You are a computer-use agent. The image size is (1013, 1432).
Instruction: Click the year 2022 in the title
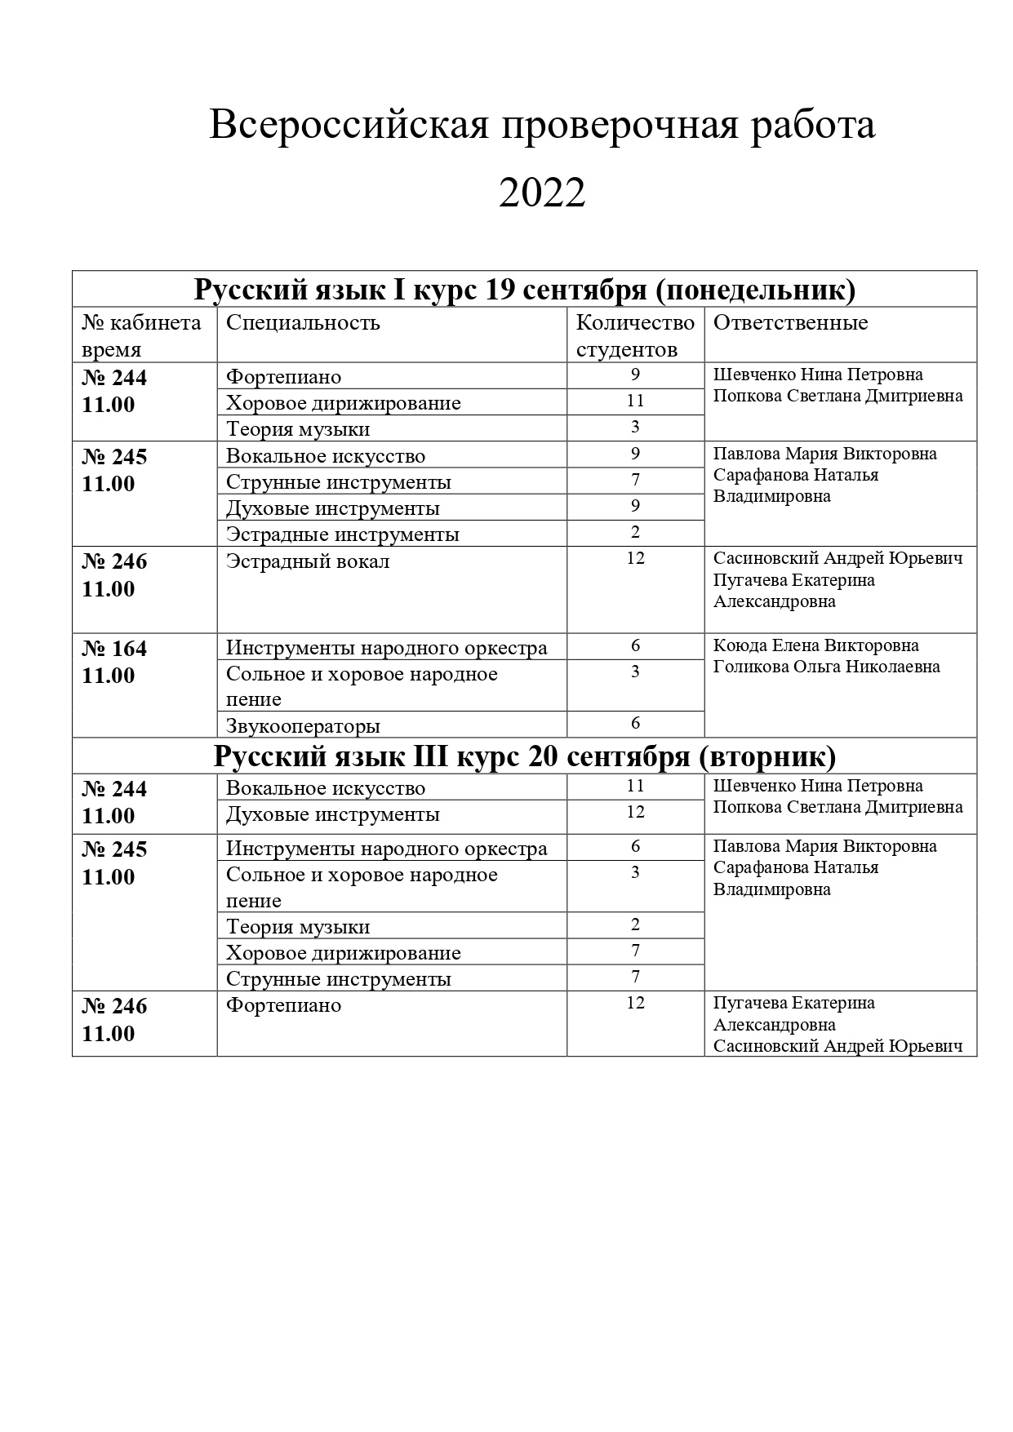(542, 193)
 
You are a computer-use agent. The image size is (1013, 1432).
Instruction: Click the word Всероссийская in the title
(349, 126)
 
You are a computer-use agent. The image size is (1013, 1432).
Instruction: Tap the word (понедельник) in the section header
(755, 290)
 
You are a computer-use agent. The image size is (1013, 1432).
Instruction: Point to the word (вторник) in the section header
(767, 756)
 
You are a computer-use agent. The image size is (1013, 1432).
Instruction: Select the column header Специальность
(303, 322)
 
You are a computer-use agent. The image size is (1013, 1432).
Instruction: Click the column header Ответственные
(790, 322)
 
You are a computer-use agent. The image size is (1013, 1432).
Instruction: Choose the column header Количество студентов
(635, 335)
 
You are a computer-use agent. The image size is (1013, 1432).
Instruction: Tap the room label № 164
(114, 649)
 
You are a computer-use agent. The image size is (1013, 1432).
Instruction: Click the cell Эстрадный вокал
(308, 561)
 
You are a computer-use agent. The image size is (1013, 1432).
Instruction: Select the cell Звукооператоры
(303, 725)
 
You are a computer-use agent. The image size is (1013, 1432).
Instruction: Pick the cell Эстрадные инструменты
(342, 534)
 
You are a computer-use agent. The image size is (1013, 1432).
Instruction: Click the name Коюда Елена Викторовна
(815, 645)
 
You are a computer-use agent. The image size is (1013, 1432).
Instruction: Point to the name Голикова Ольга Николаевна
(826, 667)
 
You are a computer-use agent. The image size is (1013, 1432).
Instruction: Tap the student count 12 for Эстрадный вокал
(635, 559)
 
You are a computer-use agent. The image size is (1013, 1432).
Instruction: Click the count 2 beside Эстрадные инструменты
(635, 532)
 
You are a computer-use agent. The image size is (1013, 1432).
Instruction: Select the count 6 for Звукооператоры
(635, 723)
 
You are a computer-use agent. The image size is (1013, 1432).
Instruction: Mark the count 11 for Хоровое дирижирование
(635, 401)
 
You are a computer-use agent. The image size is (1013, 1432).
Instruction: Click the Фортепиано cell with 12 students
(283, 1005)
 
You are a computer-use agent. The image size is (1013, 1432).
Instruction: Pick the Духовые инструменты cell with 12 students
(332, 814)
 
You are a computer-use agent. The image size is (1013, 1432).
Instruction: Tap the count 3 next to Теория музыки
(635, 427)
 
